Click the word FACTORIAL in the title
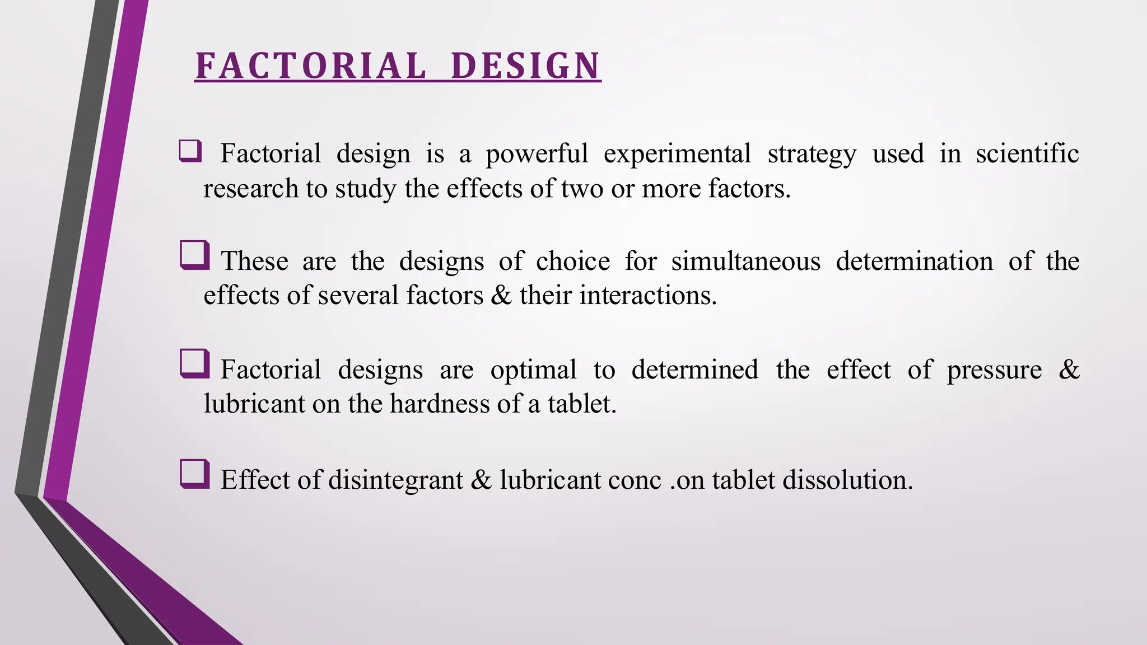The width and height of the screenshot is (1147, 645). coord(311,66)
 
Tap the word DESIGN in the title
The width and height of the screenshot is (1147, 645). coord(525,66)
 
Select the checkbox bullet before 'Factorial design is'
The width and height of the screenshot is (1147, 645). coord(190,151)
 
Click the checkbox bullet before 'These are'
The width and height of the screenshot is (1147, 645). coord(195,255)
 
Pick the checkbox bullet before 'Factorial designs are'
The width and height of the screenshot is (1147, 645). coord(195,364)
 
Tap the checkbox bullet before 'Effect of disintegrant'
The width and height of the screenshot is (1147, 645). coord(195,474)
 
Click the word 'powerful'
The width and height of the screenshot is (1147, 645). coord(537,154)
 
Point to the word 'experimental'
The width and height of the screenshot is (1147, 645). coord(677,154)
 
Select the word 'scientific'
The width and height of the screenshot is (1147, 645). coord(1027,153)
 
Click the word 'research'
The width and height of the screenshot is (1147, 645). coord(250,189)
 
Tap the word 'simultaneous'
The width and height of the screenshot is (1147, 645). coord(746,261)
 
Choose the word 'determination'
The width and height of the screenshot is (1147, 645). coord(915,261)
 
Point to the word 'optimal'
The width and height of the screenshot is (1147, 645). coord(533,370)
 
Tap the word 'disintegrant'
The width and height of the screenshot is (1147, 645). coord(395,480)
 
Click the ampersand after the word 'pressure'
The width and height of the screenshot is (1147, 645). coord(1069,370)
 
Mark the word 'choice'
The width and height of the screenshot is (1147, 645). coord(572,261)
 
